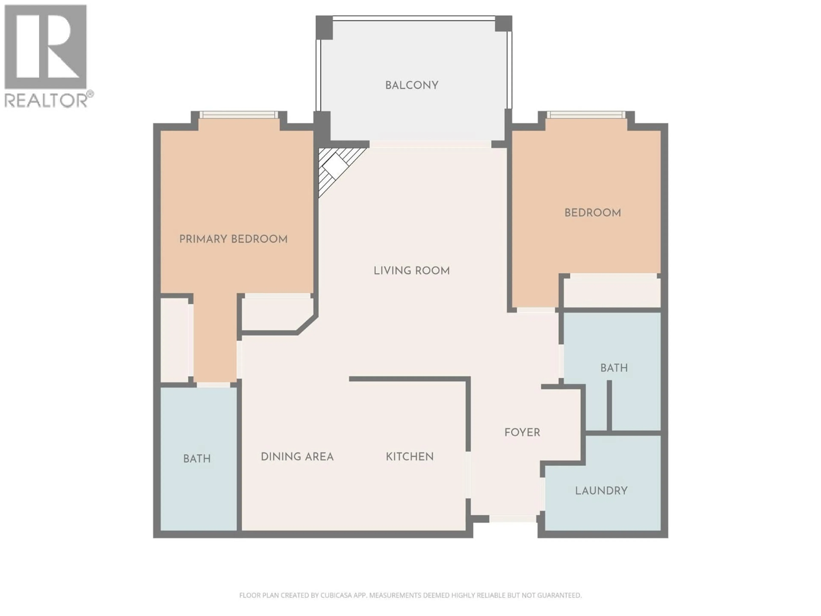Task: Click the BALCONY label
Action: [412, 85]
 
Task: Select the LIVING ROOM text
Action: [412, 271]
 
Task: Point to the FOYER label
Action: [522, 432]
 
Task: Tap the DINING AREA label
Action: [297, 457]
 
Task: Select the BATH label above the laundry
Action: [614, 368]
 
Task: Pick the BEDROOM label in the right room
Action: [592, 213]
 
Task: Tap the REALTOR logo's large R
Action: [45, 46]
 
